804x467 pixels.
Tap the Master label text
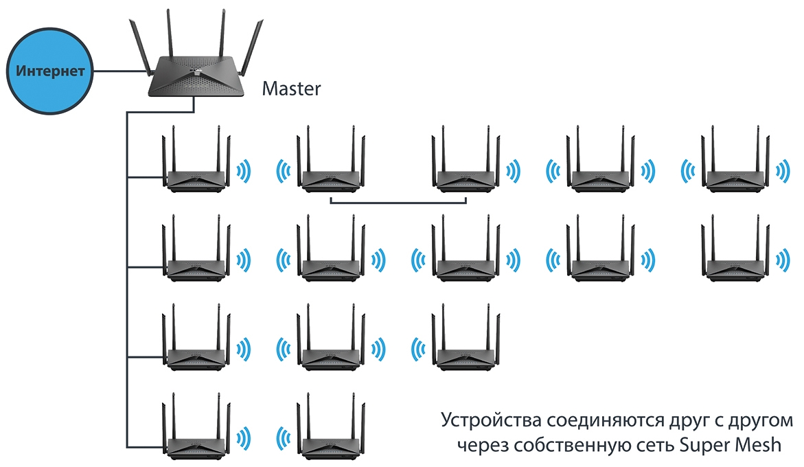tap(291, 89)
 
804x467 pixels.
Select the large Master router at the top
tap(196, 69)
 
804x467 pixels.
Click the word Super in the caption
tap(704, 444)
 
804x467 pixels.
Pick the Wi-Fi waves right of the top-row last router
tap(783, 170)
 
